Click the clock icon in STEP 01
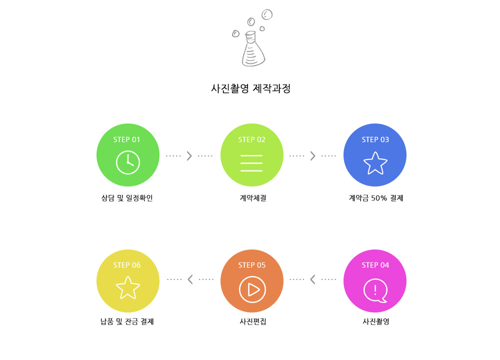click(128, 162)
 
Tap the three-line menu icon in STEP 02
click(251, 163)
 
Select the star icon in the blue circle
click(375, 163)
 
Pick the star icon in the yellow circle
click(128, 287)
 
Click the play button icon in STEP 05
click(252, 289)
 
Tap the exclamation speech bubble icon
click(375, 290)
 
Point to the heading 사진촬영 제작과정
click(250, 88)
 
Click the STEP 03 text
click(375, 139)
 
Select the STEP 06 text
click(127, 265)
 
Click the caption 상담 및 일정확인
click(127, 198)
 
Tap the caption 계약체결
click(253, 198)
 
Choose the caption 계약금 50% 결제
click(376, 198)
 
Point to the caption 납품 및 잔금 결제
click(127, 321)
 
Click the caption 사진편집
click(253, 321)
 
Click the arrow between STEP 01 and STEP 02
click(189, 156)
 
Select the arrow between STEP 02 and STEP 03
click(313, 156)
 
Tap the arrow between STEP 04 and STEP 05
click(313, 279)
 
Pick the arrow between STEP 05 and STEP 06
click(190, 279)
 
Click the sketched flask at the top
click(253, 49)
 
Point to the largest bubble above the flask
click(267, 14)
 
